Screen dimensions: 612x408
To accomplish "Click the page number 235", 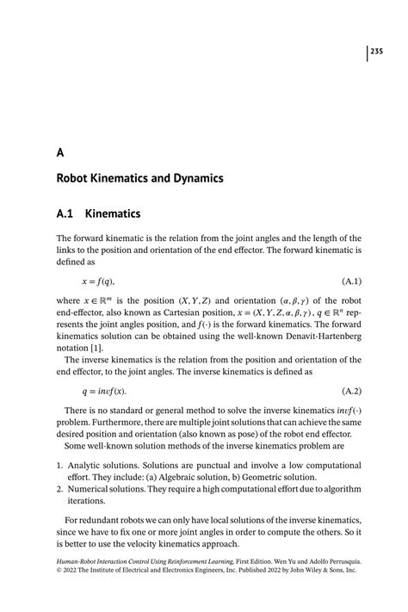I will coord(376,53).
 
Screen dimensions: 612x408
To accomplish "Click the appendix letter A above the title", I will coord(60,152).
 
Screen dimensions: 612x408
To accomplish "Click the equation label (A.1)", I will coord(351,281).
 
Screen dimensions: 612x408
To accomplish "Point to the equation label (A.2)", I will coord(351,390).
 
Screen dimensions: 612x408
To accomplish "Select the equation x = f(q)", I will coord(97,281).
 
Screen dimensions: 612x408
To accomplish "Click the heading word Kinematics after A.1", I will coord(112,213).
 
